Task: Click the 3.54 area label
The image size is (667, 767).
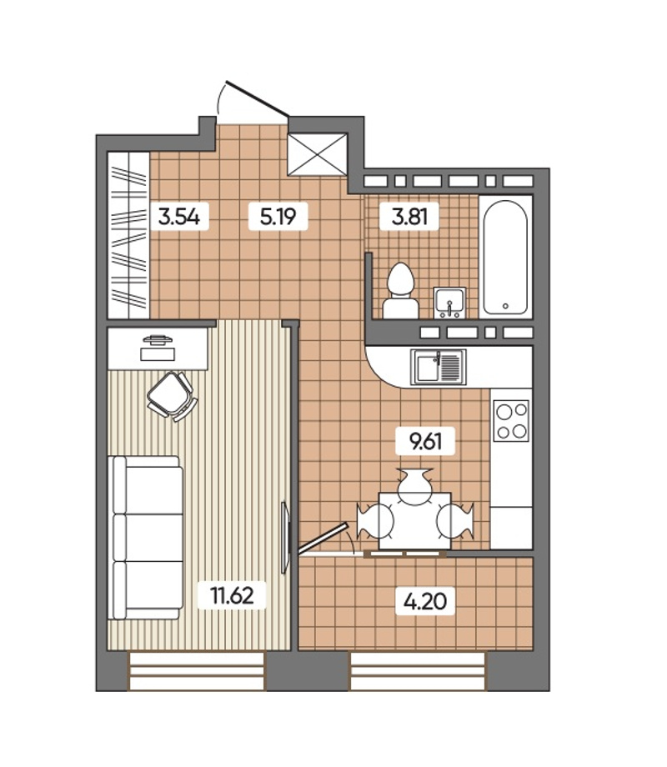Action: click(x=179, y=216)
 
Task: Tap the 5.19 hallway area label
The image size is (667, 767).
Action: click(x=278, y=216)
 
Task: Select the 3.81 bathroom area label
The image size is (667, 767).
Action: click(x=409, y=216)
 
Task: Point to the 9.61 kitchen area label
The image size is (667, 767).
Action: click(x=426, y=441)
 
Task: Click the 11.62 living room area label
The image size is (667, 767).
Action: click(x=232, y=595)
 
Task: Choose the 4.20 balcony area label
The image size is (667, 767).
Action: click(x=425, y=601)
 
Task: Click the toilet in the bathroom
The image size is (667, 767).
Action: click(x=400, y=292)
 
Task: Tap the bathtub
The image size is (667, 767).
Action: click(x=505, y=258)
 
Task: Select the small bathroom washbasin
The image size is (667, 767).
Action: click(x=449, y=303)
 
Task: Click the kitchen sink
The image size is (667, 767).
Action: click(x=439, y=367)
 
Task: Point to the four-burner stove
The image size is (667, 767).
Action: click(x=511, y=421)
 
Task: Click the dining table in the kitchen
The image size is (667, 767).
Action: click(x=415, y=520)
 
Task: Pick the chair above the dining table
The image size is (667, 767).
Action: click(x=415, y=485)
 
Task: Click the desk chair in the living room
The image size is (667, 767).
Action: click(x=173, y=396)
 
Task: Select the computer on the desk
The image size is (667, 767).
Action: click(x=158, y=348)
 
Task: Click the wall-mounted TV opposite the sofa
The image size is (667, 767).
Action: click(x=286, y=537)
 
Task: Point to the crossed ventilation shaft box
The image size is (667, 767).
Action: click(x=318, y=154)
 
